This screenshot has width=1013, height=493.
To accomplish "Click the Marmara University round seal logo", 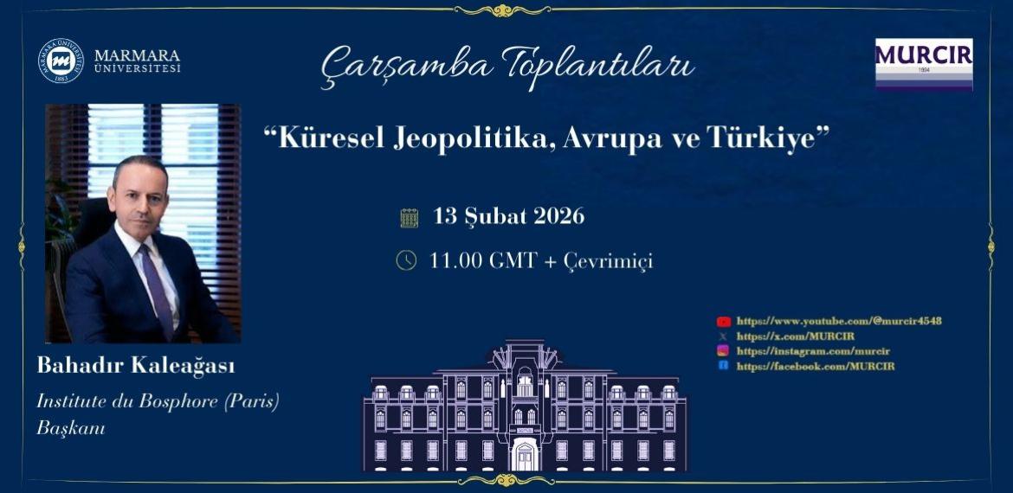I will [60, 61].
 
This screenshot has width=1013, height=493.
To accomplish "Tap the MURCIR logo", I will [923, 63].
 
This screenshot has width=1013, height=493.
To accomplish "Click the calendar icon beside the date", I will [410, 217].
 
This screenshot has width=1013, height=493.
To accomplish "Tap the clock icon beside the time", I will [406, 260].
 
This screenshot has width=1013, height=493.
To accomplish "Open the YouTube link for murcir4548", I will [838, 321].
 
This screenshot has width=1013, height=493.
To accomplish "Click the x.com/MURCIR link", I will [783, 336].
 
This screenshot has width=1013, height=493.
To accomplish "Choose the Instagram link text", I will [813, 351].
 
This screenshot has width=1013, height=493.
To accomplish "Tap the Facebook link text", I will [815, 366].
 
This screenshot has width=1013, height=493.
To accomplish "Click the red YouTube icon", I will [724, 321].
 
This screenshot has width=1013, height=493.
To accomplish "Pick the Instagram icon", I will [723, 351].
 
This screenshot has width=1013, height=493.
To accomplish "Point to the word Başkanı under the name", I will [70, 427].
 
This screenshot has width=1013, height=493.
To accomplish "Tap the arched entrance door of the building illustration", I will [525, 453].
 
